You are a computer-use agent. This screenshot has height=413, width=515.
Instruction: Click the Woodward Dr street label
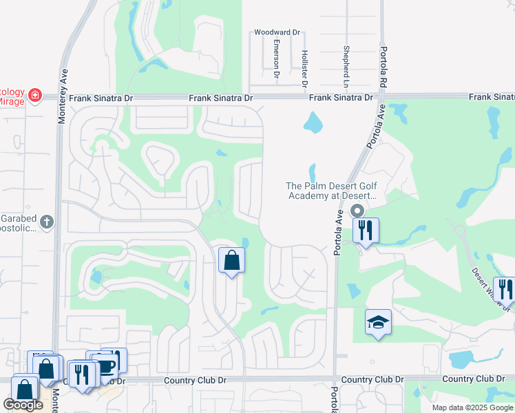pos(277,32)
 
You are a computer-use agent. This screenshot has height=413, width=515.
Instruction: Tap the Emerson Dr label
pos(276,58)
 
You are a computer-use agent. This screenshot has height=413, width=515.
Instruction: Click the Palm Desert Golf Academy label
pos(332,191)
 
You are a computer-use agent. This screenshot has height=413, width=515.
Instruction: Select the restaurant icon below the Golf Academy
pos(366,230)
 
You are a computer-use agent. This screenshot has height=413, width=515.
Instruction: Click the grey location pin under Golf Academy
pos(357,211)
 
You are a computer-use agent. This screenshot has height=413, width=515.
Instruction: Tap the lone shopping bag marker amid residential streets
pos(231,261)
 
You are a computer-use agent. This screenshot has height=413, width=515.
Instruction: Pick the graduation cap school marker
pos(378,323)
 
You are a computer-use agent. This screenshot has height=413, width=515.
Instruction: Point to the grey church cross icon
pos(46,222)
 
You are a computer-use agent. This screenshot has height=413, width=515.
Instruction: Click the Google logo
pos(23,405)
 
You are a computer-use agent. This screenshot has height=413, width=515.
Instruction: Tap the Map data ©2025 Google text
pos(472,407)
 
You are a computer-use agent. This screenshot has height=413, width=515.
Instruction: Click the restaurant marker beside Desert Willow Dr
pos(505,290)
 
